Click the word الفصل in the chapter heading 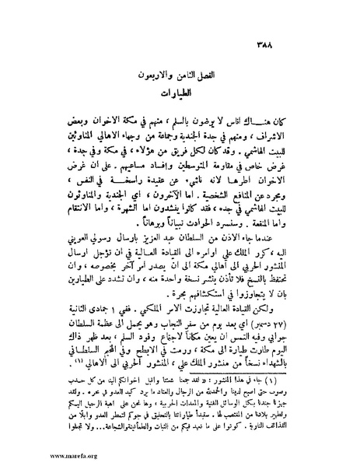(x=213, y=78)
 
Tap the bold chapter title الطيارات (x=180, y=98)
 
